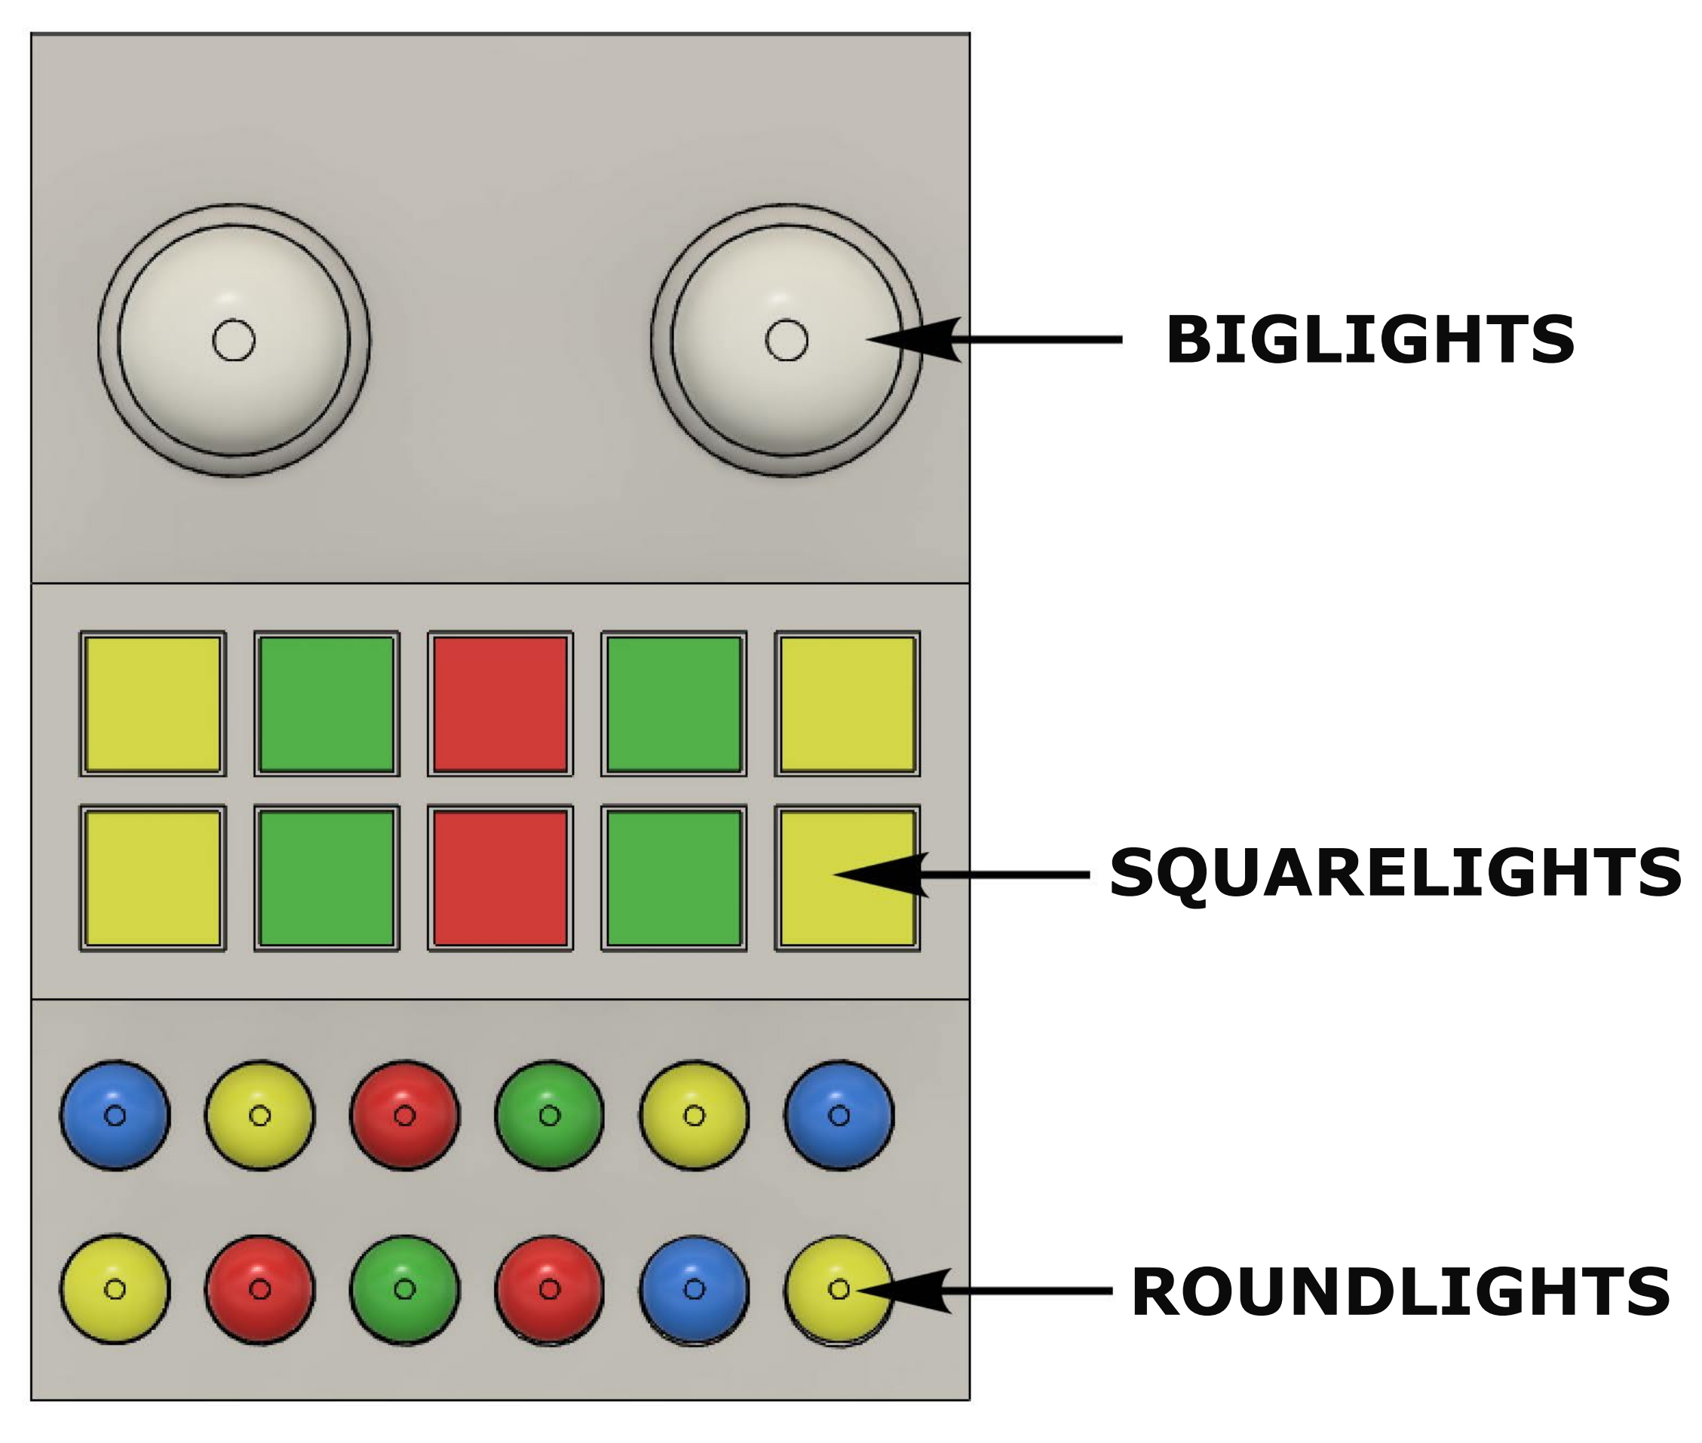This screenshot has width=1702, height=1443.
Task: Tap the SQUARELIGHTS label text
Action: point(1394,874)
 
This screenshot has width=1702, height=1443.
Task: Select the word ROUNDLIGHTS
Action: point(1400,1291)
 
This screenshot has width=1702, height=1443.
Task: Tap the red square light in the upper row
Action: point(500,704)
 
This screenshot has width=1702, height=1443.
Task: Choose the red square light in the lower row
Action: point(500,878)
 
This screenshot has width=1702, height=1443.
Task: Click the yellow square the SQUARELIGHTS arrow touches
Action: point(818,916)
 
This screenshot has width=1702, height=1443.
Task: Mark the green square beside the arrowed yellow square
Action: point(673,878)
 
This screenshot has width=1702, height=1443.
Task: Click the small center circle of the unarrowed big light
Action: point(233,339)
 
